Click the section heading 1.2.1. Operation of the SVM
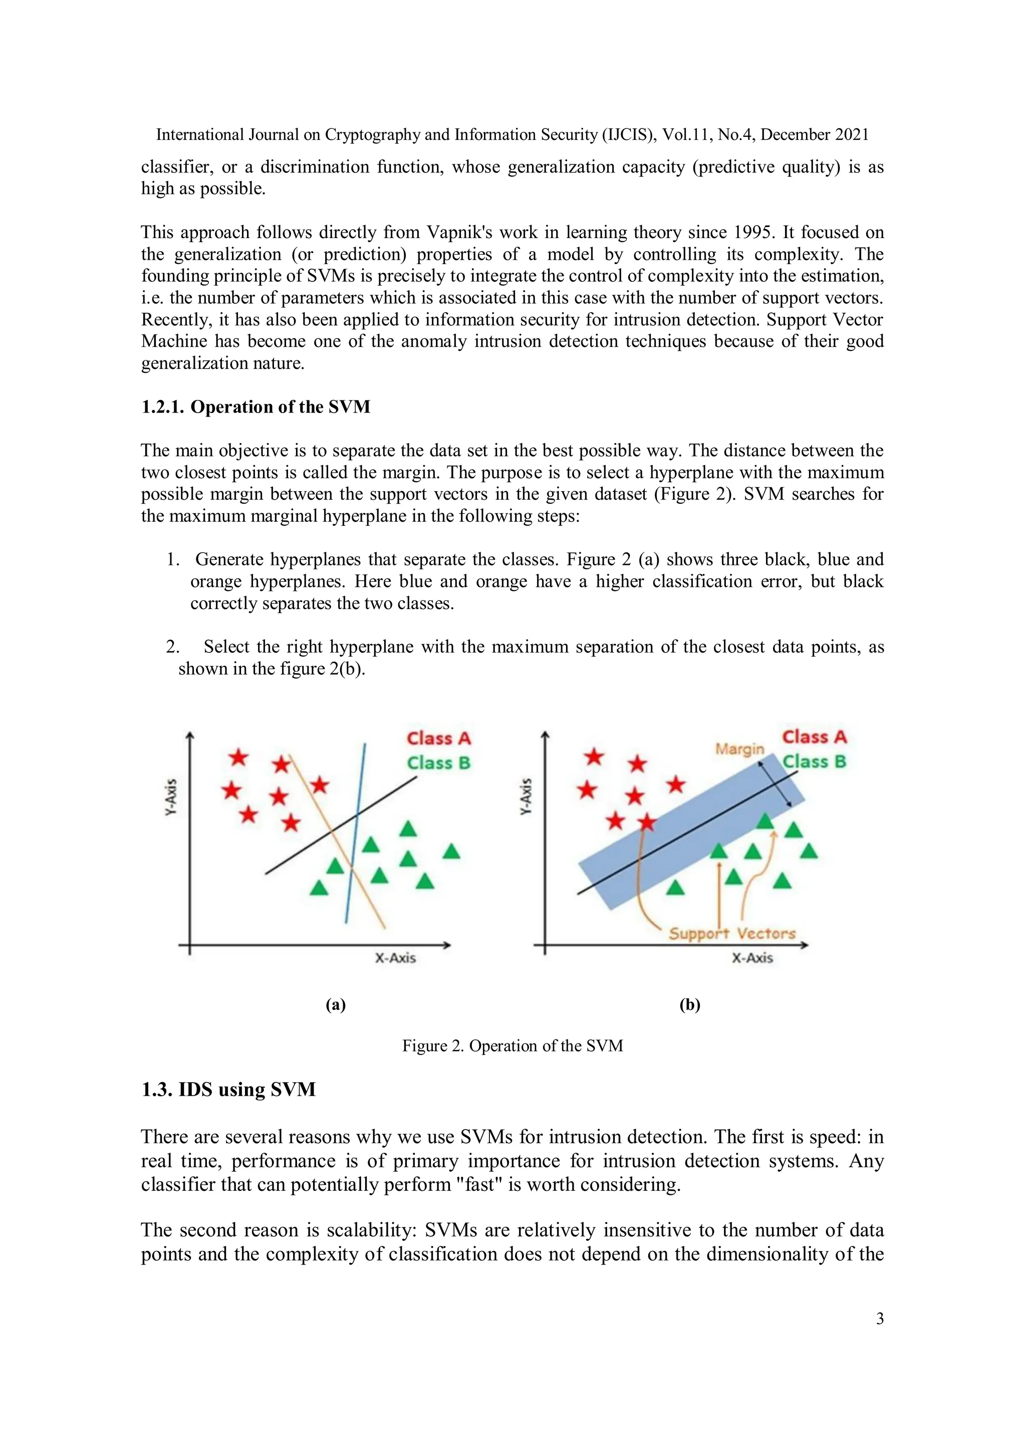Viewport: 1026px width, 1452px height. [x=255, y=406]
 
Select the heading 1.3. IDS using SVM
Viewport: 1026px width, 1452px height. [x=228, y=1089]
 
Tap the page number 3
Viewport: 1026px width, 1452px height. [x=879, y=1319]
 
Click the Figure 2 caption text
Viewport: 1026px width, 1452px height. [x=512, y=1046]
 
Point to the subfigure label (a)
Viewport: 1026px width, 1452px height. [x=335, y=1004]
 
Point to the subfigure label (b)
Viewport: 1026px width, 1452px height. [x=690, y=1004]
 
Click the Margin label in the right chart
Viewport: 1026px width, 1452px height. [x=739, y=749]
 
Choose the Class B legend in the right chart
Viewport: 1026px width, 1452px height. [x=814, y=761]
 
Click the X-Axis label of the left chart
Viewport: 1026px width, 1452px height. [x=395, y=958]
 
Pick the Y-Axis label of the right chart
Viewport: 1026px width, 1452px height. [x=526, y=796]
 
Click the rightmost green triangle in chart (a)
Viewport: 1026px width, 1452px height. [x=451, y=851]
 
